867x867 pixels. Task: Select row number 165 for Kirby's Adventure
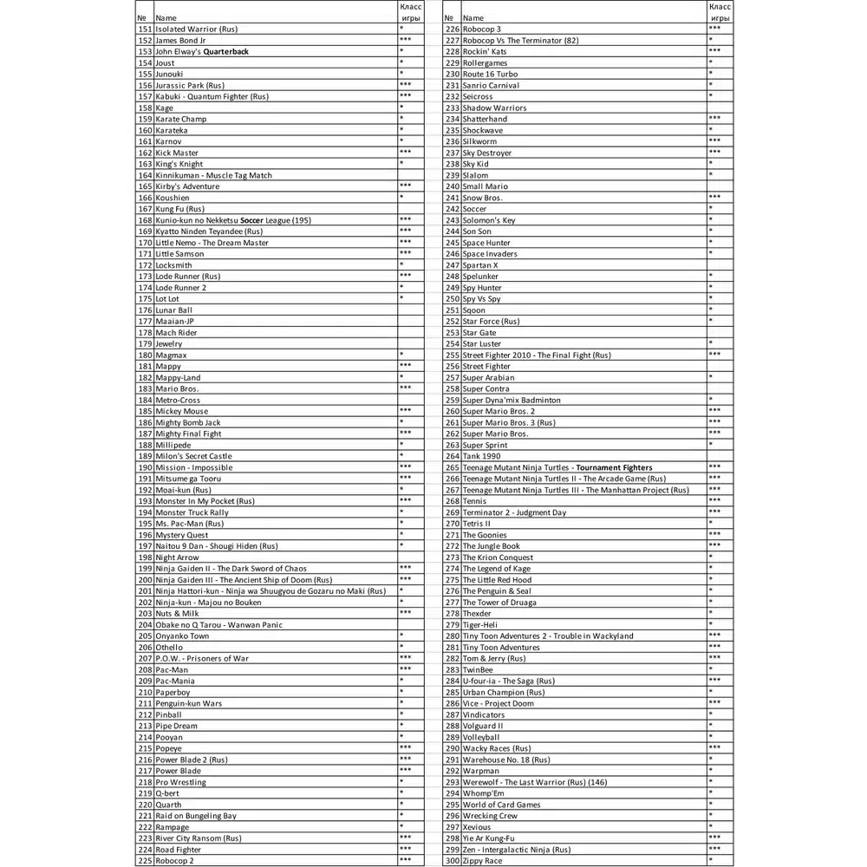[145, 186]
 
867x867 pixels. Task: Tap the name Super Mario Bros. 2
[499, 412]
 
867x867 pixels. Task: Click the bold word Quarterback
[225, 52]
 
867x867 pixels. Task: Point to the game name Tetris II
[476, 524]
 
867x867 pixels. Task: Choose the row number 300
[452, 861]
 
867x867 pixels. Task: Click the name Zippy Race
[482, 861]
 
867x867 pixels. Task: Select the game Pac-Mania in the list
[175, 681]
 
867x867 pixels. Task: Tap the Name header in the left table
[166, 17]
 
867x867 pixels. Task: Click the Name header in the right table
[473, 17]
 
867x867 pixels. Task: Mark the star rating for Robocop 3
[714, 29]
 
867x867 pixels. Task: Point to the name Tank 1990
[481, 456]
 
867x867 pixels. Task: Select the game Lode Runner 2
[181, 288]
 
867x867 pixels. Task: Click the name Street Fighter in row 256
[486, 367]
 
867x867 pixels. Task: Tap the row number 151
[145, 29]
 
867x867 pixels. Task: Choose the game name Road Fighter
[179, 850]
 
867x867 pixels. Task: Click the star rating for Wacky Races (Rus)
[714, 747]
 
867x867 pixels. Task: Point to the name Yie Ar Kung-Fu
[488, 838]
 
